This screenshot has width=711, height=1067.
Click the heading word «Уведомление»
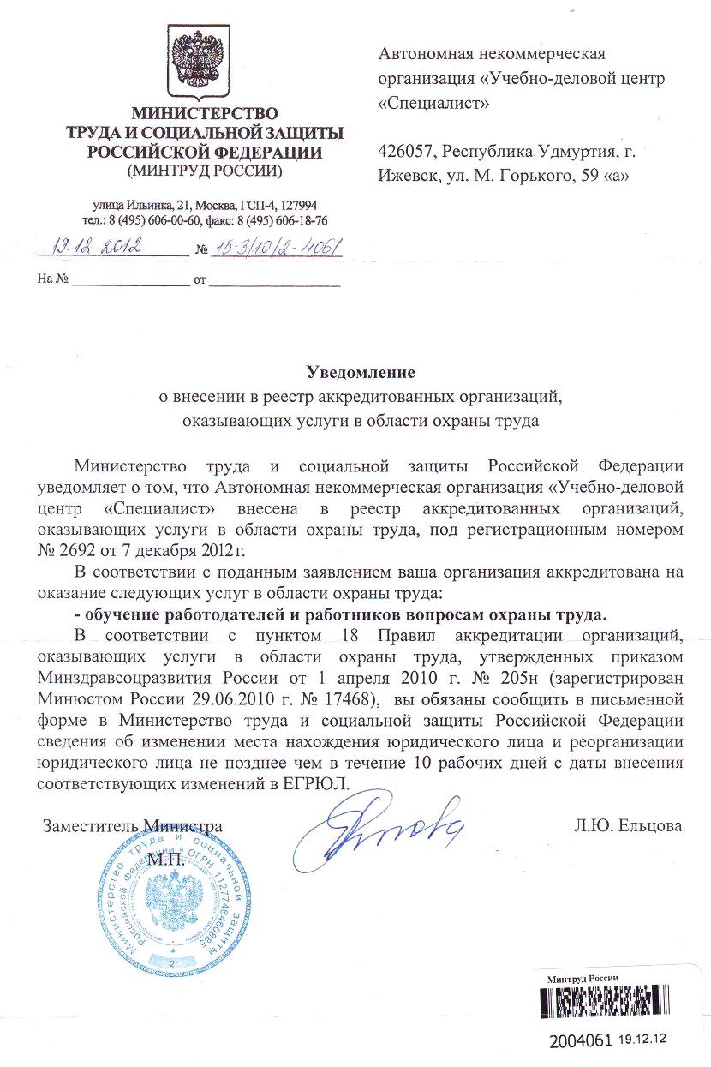coord(361,373)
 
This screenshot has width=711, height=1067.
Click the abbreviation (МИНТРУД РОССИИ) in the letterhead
coord(204,170)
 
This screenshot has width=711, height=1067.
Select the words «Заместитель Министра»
coord(133,827)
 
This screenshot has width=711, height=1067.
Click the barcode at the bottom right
coord(618,1009)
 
